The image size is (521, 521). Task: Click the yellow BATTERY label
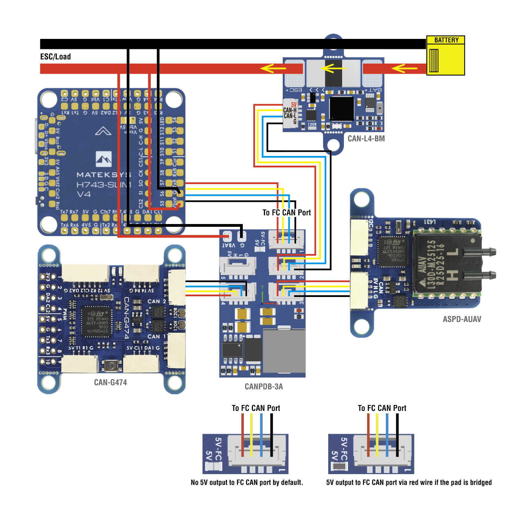(446, 40)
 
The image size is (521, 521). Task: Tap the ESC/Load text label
(56, 57)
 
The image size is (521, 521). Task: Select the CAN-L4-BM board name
(366, 139)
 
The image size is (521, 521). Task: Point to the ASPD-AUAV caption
(462, 319)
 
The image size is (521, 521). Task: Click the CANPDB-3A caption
(264, 387)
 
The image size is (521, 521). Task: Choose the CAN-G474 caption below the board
(110, 382)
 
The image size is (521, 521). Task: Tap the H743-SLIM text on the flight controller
(104, 184)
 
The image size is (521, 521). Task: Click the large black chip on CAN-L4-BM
(341, 109)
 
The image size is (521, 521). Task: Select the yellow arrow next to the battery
(404, 68)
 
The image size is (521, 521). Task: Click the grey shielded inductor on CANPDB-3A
(284, 351)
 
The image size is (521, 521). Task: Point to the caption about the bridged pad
(409, 482)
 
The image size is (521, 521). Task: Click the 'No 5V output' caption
(247, 482)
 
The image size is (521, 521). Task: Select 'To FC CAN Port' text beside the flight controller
(287, 213)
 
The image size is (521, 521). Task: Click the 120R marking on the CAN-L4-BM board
(312, 124)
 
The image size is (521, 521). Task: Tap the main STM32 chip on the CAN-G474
(97, 321)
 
